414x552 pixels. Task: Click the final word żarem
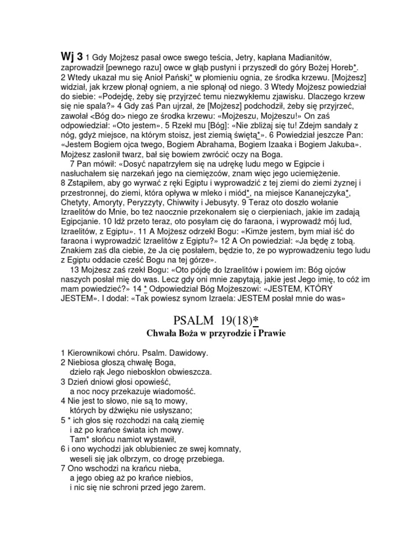coord(192,488)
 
